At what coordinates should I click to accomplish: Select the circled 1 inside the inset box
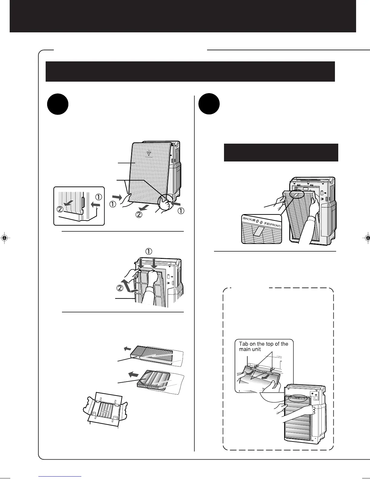[99, 197]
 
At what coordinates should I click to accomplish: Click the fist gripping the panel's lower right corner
[165, 205]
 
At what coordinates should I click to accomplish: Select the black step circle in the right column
[209, 104]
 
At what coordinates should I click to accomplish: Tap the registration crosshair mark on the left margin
[5, 238]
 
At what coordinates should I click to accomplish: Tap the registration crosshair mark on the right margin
[366, 238]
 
